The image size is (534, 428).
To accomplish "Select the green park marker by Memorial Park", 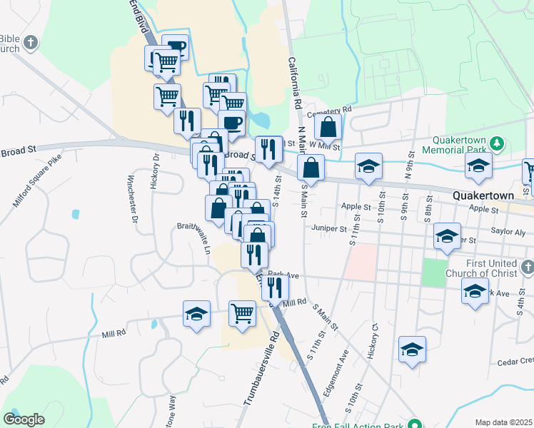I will pyautogui.click(x=498, y=146).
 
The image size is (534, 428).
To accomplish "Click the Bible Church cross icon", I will pyautogui.click(x=31, y=44).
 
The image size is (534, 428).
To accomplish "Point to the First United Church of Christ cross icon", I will pyautogui.click(x=527, y=267).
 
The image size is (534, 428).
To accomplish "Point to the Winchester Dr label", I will pyautogui.click(x=132, y=199).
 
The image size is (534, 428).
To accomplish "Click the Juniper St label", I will pyautogui.click(x=328, y=229).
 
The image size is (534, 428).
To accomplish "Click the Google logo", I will pyautogui.click(x=24, y=419).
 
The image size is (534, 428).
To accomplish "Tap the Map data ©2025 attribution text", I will pyautogui.click(x=503, y=422).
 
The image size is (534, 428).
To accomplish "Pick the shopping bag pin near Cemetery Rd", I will pyautogui.click(x=328, y=128).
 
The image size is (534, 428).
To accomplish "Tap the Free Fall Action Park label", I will pyautogui.click(x=359, y=426).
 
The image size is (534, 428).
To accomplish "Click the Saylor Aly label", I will pyautogui.click(x=508, y=232).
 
